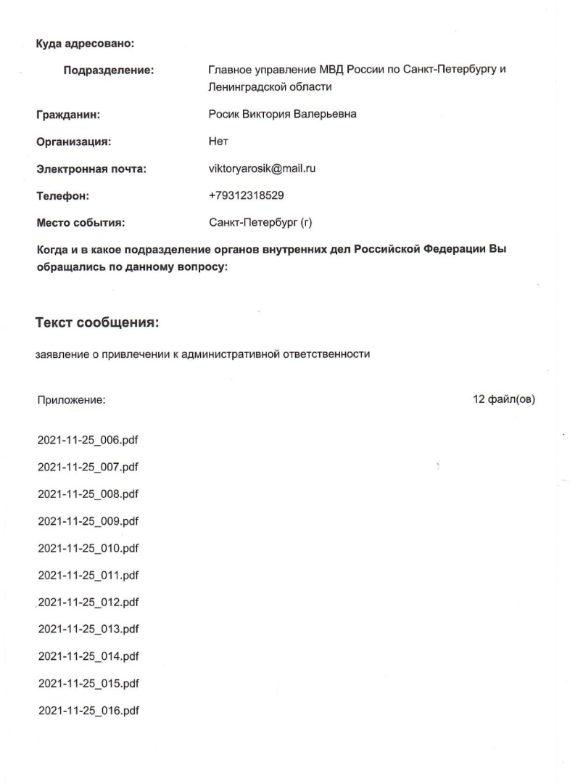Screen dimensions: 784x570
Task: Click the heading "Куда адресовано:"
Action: coord(86,44)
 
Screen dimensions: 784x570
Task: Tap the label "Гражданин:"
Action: coord(68,115)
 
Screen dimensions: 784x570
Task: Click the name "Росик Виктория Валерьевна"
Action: coord(282,115)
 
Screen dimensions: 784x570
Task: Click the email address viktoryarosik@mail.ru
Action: coord(261,169)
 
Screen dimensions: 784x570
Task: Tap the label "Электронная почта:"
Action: coord(91,170)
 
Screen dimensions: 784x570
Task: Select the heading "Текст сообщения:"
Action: coord(97,323)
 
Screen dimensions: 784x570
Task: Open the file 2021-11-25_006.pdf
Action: coord(88,441)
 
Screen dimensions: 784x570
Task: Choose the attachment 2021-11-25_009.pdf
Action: coord(88,521)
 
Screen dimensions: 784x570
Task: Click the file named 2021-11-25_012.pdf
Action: coord(88,603)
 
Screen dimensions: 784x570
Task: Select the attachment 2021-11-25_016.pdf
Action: coord(88,710)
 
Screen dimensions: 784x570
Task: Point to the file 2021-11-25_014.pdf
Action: coord(88,656)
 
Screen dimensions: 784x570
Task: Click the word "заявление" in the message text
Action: coord(59,355)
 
